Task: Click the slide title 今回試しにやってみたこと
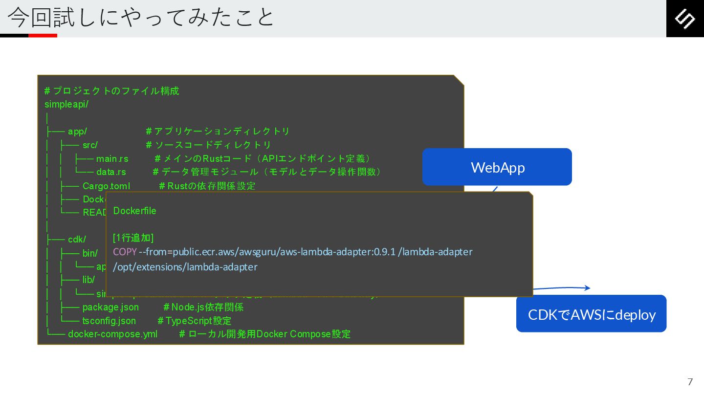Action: (x=141, y=18)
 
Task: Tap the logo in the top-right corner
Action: (x=684, y=19)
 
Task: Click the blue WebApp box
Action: (x=497, y=167)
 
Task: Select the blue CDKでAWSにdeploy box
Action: (x=592, y=314)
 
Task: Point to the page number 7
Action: (x=690, y=382)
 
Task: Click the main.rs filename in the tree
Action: (x=112, y=159)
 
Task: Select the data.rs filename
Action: (x=111, y=172)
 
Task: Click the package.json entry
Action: (x=110, y=307)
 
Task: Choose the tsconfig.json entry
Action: (x=109, y=321)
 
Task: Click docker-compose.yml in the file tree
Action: (x=113, y=334)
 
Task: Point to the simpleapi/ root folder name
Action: (x=66, y=104)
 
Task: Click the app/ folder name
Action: (x=77, y=132)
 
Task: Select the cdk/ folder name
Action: (x=77, y=239)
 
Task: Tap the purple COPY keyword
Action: (x=125, y=252)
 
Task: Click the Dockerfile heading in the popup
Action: (x=135, y=211)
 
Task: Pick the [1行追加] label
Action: (x=133, y=238)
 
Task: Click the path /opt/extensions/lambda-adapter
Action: (x=185, y=267)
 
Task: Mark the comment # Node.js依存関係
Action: (x=203, y=307)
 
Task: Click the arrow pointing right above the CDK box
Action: (x=562, y=288)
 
